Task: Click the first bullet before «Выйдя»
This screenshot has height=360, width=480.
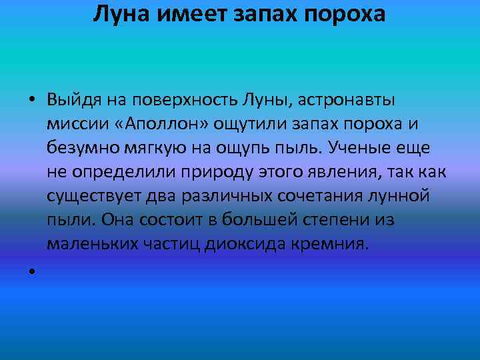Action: [x=32, y=101]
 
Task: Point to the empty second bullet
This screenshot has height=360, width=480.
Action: [x=32, y=272]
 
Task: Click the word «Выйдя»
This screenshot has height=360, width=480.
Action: [x=72, y=101]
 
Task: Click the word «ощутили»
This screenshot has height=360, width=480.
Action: [x=235, y=125]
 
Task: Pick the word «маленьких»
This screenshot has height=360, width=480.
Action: [x=93, y=245]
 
